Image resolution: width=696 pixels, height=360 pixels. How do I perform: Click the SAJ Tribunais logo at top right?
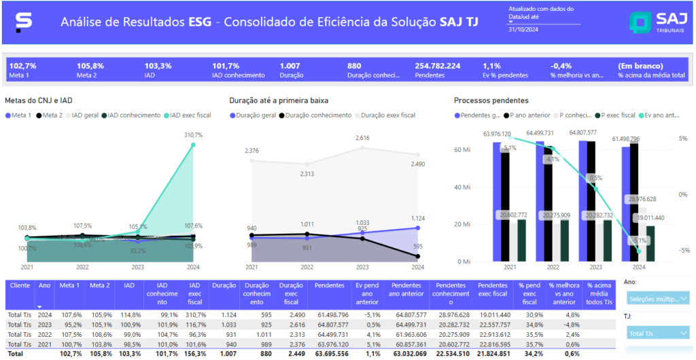[656, 22]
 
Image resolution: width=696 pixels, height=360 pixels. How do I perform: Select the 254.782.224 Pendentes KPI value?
[438, 66]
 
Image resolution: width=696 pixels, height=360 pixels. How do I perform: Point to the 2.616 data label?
[363, 138]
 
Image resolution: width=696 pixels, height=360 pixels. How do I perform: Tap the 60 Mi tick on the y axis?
[463, 149]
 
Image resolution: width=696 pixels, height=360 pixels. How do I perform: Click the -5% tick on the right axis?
[682, 250]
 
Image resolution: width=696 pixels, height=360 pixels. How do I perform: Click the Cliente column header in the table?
[20, 286]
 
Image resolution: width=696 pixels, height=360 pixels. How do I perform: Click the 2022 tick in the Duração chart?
[307, 268]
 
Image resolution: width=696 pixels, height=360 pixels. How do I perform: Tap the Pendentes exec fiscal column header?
[493, 289]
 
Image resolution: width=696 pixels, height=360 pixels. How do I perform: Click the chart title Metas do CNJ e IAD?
[39, 101]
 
